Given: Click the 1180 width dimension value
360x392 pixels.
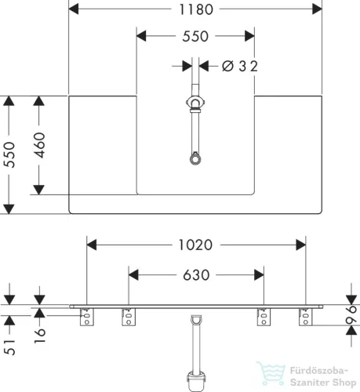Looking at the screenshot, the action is [196, 9].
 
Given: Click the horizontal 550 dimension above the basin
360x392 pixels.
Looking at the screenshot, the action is [195, 36].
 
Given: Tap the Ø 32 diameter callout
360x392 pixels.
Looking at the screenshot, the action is [240, 66].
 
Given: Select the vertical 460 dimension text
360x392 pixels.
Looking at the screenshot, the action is [40, 145].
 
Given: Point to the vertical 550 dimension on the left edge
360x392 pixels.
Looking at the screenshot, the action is [9, 154].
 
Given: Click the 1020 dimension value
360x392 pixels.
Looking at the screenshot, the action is [195, 245].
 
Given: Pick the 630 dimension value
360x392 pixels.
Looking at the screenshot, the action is [196, 275].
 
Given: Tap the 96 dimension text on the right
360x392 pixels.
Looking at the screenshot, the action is [351, 315].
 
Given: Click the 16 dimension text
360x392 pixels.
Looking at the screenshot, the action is [40, 336].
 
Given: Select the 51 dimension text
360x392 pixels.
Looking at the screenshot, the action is [9, 347].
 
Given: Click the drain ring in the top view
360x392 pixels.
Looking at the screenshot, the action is [195, 159].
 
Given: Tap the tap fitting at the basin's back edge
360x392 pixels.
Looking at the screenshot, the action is [195, 103].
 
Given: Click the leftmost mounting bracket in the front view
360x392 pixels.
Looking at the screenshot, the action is [87, 317].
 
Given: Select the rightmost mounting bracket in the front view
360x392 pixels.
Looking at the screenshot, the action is [306, 317].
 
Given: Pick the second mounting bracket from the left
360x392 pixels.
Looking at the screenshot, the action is [129, 317].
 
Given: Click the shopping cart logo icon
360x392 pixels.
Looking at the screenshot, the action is [271, 373].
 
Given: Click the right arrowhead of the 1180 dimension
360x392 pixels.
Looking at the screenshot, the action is [317, 9].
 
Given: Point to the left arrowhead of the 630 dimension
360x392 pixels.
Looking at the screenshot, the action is [133, 275].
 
